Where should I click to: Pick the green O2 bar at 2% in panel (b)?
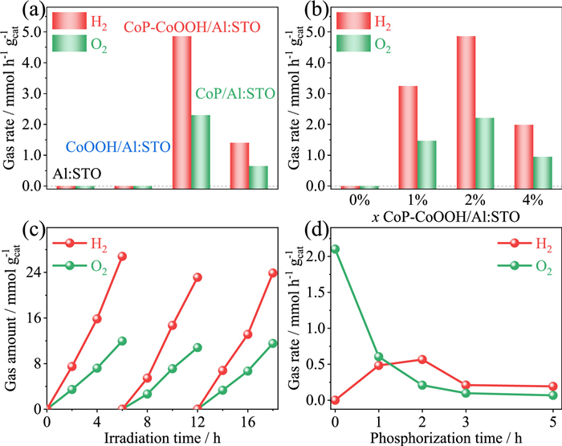coord(461,153)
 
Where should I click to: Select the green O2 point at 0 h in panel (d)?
coord(335,249)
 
